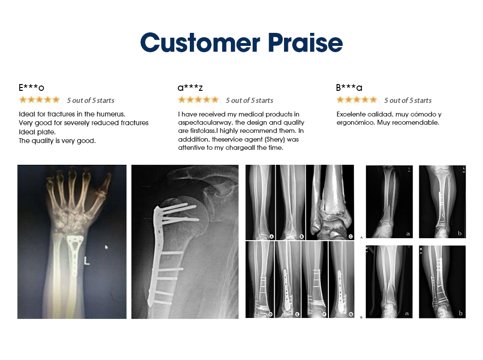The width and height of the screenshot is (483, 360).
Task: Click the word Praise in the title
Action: click(x=305, y=43)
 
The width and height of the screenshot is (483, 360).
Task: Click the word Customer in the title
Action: click(x=200, y=43)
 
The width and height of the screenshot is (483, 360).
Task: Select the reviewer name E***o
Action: click(x=31, y=87)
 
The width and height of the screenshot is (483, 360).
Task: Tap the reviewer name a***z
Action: click(x=190, y=87)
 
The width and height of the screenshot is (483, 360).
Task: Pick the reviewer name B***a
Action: click(x=349, y=87)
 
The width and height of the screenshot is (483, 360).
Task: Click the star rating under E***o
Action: click(x=39, y=100)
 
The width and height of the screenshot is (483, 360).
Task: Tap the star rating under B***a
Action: click(x=357, y=100)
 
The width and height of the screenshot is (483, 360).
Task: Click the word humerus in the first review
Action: click(x=111, y=114)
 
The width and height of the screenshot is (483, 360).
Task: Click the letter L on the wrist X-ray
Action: click(x=87, y=261)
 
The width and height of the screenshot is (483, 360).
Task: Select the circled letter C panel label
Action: click(x=351, y=236)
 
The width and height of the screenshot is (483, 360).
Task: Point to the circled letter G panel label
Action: click(x=351, y=315)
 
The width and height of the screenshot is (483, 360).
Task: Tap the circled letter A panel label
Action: click(x=271, y=236)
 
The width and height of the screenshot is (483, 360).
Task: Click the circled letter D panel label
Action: click(x=270, y=315)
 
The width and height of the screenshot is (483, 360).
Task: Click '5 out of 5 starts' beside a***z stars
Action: click(x=250, y=101)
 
